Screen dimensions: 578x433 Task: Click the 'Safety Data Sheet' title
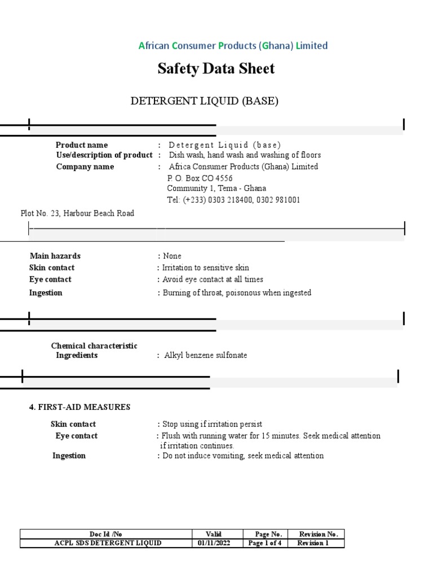click(216, 69)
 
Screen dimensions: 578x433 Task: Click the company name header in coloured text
click(233, 46)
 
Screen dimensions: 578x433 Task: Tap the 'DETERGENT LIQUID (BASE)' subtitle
click(205, 101)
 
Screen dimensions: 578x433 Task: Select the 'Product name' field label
click(82, 145)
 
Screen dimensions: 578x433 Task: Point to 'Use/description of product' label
click(104, 155)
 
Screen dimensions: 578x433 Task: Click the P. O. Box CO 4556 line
click(200, 178)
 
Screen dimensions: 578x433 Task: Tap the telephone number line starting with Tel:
click(233, 200)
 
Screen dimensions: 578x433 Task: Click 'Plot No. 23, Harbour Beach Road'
click(77, 213)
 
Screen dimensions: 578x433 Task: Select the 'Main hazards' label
click(55, 256)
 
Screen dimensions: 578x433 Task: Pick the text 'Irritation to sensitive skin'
click(205, 268)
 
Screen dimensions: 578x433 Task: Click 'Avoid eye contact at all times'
click(213, 279)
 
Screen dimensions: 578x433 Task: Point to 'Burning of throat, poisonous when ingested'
click(237, 293)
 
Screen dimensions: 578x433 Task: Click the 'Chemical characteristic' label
click(94, 345)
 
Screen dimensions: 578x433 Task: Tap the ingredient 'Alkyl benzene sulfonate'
click(205, 356)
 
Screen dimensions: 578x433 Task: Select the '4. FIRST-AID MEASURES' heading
click(80, 407)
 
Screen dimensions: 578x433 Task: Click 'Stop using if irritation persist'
click(212, 424)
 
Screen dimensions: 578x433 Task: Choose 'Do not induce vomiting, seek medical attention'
click(243, 456)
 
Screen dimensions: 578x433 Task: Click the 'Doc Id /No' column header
click(105, 534)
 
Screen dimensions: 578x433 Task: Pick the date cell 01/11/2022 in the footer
click(214, 543)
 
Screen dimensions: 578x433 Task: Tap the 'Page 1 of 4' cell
click(265, 543)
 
